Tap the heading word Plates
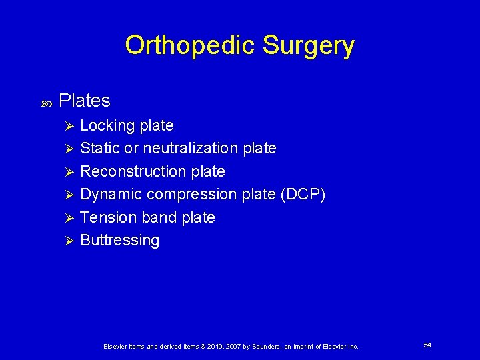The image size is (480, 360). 85,101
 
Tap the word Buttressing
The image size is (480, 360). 120,240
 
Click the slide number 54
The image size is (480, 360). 427,345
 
